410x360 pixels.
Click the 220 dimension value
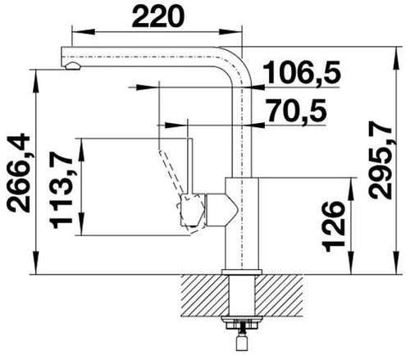[x=158, y=16]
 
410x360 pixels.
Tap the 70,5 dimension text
[x=297, y=111]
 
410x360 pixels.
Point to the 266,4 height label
[x=18, y=173]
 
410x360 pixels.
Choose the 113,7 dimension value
[x=61, y=190]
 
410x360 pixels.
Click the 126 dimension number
[x=333, y=226]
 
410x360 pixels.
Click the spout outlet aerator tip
[x=73, y=66]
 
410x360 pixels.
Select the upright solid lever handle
[x=190, y=166]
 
